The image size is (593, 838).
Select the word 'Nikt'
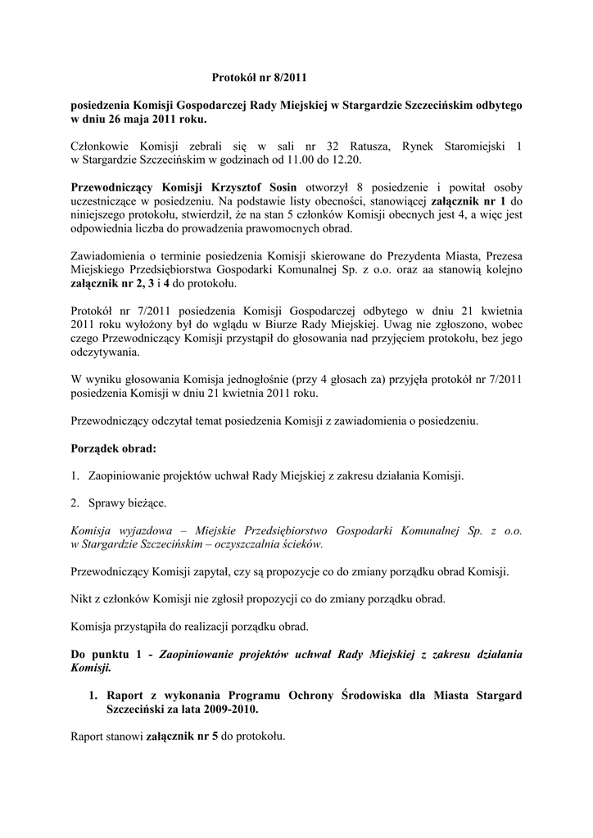tap(83, 598)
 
